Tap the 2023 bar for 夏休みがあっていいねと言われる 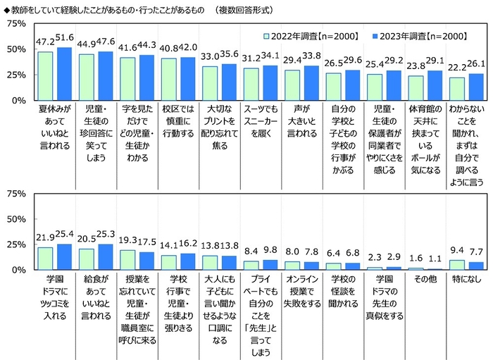[x=64, y=74]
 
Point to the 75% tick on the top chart [x=15, y=24]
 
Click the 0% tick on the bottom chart [x=18, y=270]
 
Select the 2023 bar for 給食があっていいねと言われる [x=106, y=257]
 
